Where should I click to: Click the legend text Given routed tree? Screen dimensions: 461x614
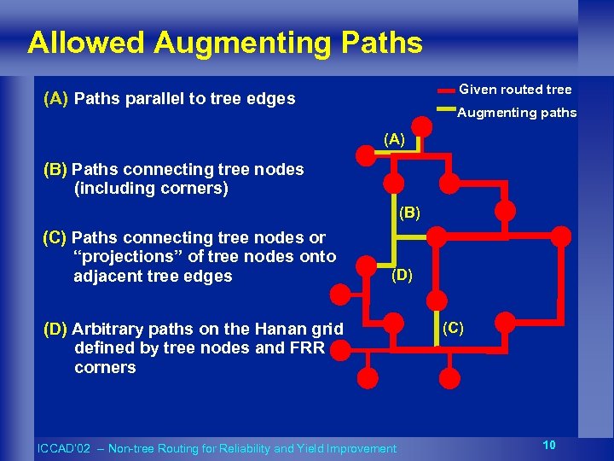tap(515, 90)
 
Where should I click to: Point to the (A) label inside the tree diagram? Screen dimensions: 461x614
tap(395, 137)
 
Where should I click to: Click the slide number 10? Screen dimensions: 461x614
tap(549, 445)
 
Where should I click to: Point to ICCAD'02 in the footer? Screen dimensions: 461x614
tap(61, 448)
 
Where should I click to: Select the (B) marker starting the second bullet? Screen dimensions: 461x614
tap(55, 169)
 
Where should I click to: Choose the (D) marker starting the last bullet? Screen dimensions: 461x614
tap(55, 329)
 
